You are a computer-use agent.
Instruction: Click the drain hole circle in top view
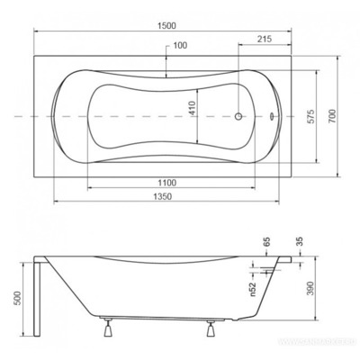pos(240,117)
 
